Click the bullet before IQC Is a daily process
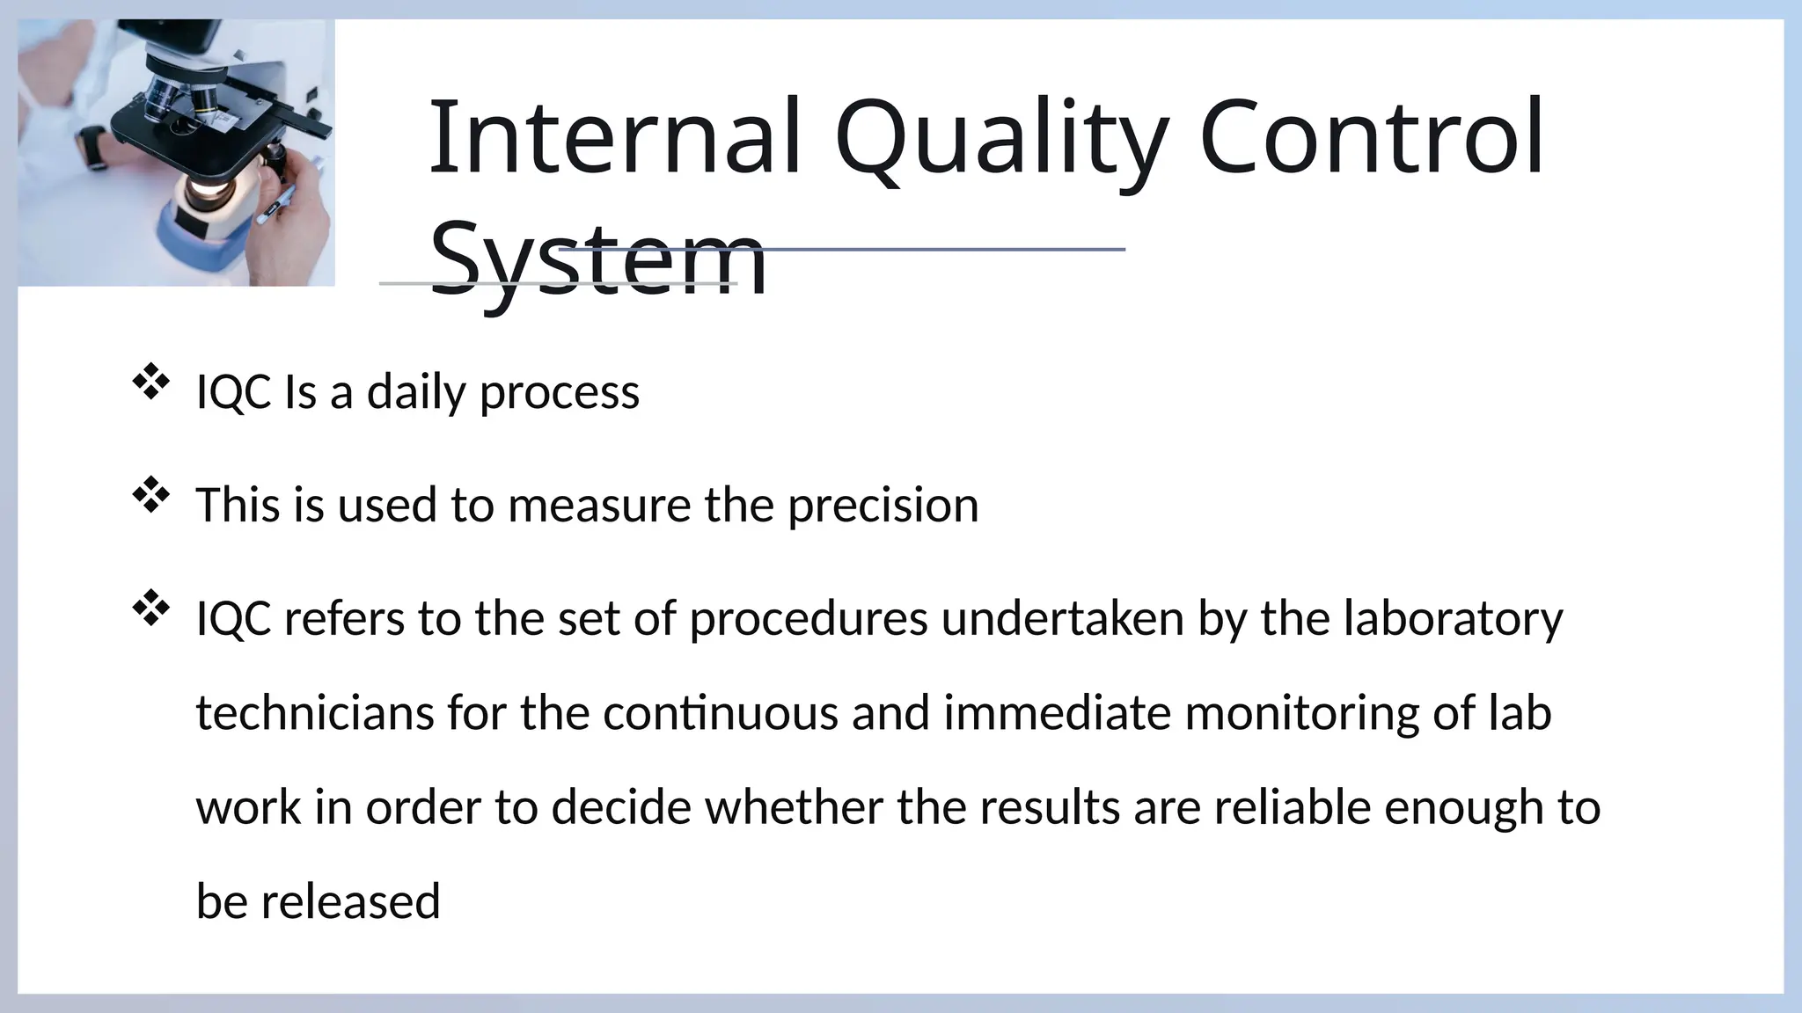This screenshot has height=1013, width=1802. click(150, 383)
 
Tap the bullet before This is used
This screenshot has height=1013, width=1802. click(150, 496)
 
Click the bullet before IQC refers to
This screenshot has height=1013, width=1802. click(150, 609)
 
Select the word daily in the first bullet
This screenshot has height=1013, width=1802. click(415, 392)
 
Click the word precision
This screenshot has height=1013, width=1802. click(883, 506)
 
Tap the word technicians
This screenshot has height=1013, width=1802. click(314, 712)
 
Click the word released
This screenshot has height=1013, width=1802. click(350, 902)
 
